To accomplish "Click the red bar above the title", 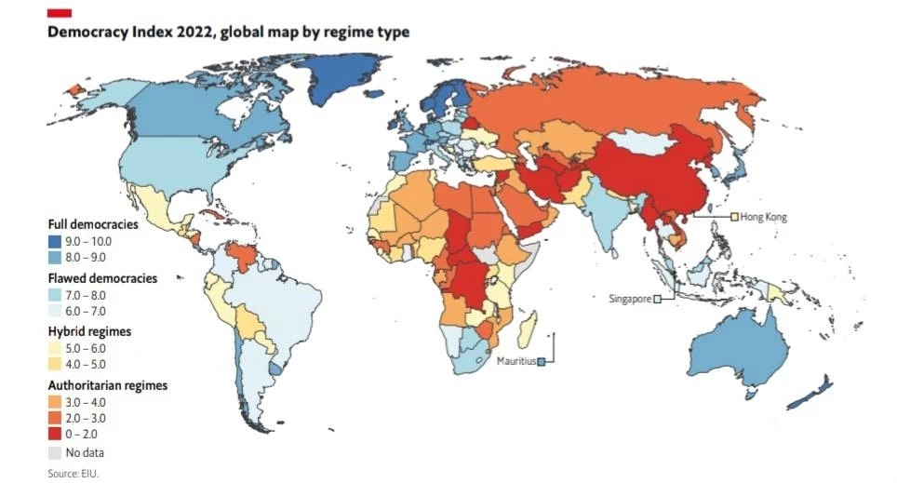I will click(60, 12).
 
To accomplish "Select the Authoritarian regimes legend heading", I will click(107, 384).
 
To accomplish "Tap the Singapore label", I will click(629, 299).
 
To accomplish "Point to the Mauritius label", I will click(515, 361).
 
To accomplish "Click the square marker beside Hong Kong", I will click(734, 217).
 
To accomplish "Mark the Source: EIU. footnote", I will click(73, 474).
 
